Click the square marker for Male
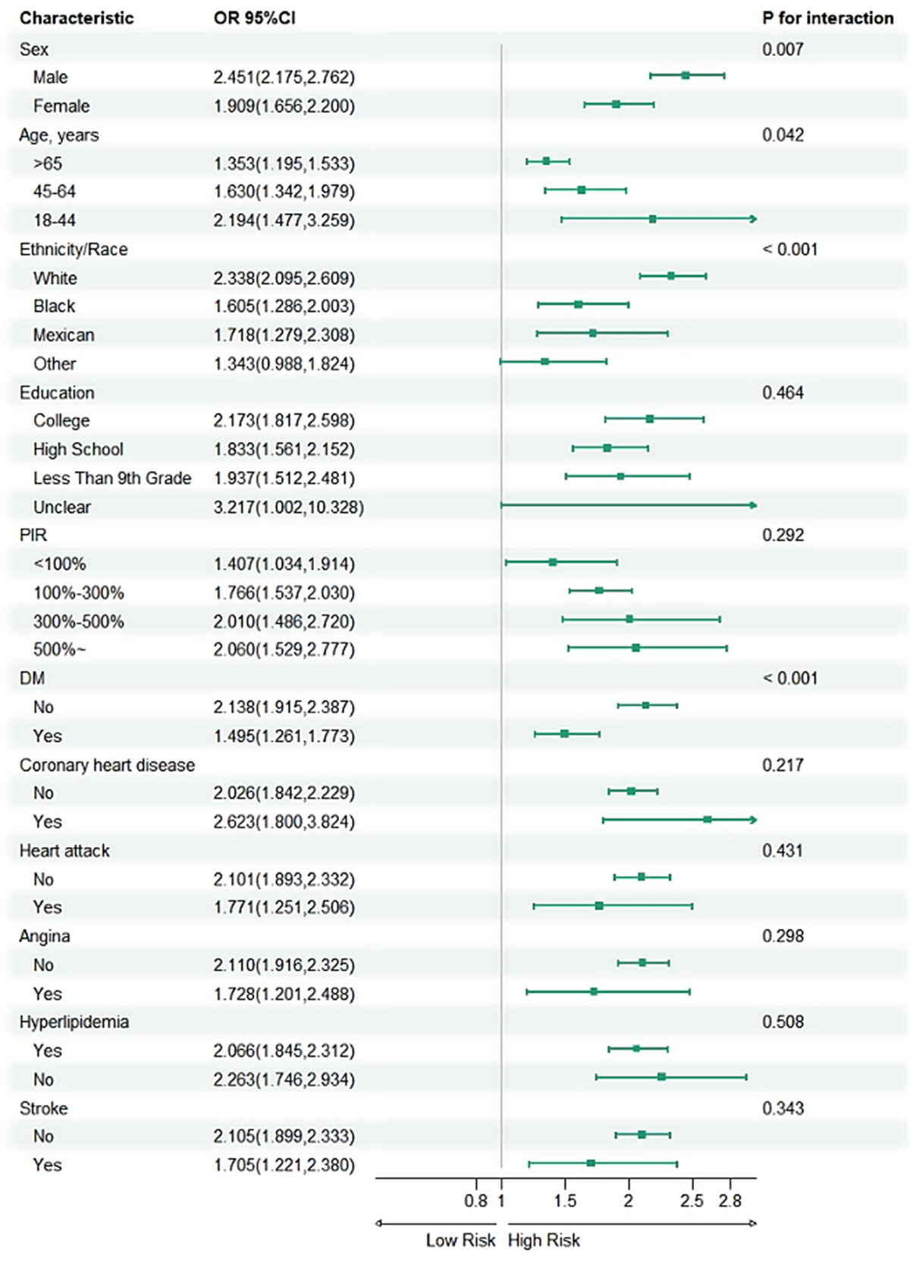point(686,75)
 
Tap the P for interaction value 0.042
point(783,135)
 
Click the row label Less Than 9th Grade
point(111,478)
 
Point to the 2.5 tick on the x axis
point(692,1201)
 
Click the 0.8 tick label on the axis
point(475,1201)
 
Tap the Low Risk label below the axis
point(460,1241)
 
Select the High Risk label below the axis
point(544,1241)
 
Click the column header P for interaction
point(827,18)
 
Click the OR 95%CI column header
point(255,18)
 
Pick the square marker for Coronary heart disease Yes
point(708,820)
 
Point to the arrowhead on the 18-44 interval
point(753,219)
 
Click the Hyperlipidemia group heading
point(74,1022)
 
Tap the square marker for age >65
point(546,161)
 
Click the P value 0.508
point(783,1022)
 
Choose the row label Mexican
point(64,334)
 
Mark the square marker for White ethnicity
point(671,276)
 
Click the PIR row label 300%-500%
point(78,621)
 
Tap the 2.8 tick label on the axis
point(730,1201)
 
